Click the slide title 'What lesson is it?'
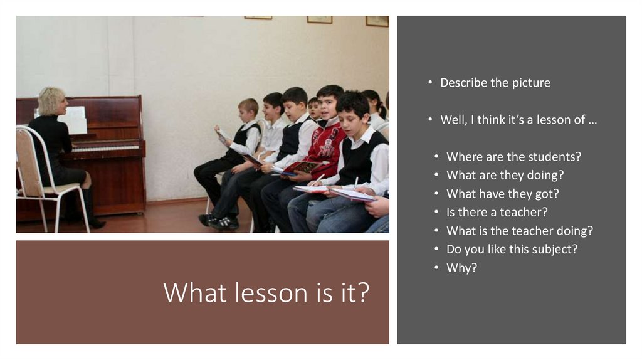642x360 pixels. pyautogui.click(x=266, y=292)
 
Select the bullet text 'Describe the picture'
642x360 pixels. pyautogui.click(x=495, y=83)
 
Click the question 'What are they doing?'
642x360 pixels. pyautogui.click(x=505, y=175)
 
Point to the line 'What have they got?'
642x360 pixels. pyautogui.click(x=502, y=194)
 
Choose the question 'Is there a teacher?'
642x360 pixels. pyautogui.click(x=497, y=212)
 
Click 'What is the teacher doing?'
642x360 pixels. pyautogui.click(x=519, y=231)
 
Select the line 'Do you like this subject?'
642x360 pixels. pyautogui.click(x=512, y=249)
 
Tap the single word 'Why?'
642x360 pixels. pyautogui.click(x=461, y=268)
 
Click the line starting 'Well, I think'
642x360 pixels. pyautogui.click(x=518, y=120)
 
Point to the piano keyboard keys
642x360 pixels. pyautogui.click(x=103, y=149)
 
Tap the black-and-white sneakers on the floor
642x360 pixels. pyautogui.click(x=219, y=221)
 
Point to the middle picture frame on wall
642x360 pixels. pyautogui.click(x=319, y=19)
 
